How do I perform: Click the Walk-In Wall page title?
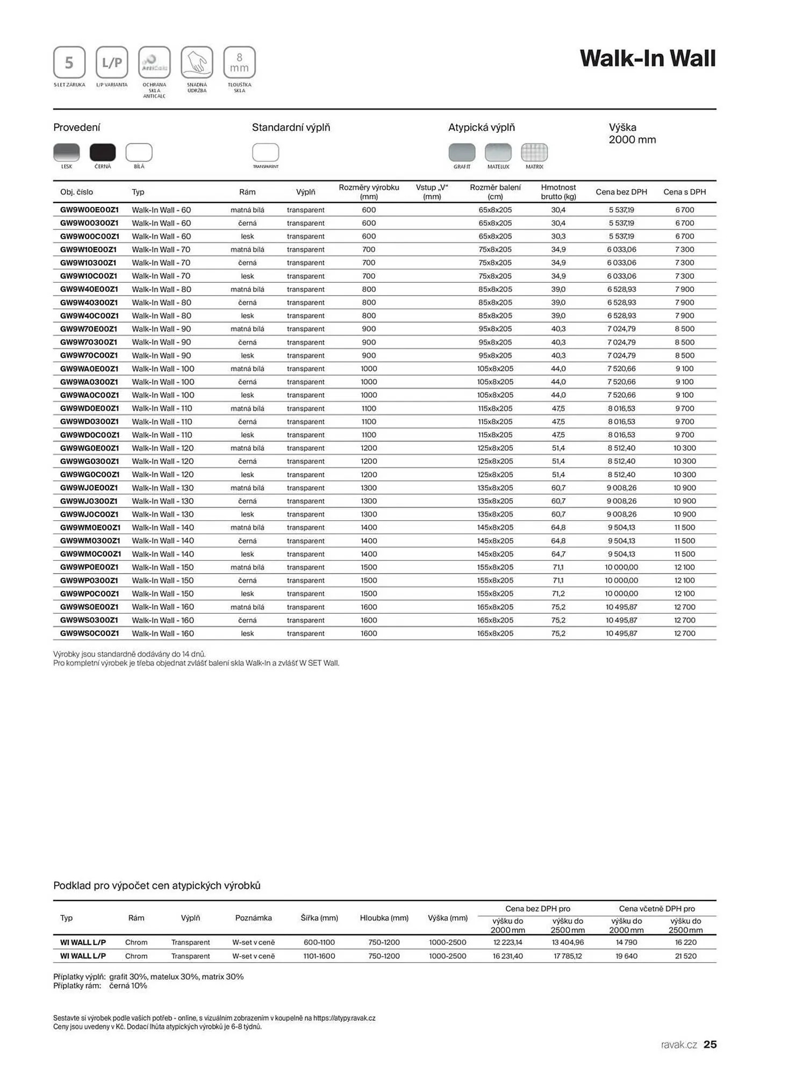[x=648, y=59]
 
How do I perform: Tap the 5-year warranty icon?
[x=69, y=62]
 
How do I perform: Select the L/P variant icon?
[x=112, y=62]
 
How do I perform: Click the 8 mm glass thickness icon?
[x=239, y=62]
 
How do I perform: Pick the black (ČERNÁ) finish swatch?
[x=103, y=153]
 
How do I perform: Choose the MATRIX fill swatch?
[x=534, y=153]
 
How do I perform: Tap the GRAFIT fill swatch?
[x=462, y=153]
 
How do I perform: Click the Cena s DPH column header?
[x=684, y=192]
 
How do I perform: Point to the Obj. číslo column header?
[x=76, y=192]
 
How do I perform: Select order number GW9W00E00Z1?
[x=89, y=210]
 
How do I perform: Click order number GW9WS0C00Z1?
[x=89, y=634]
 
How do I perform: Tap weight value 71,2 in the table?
[x=558, y=594]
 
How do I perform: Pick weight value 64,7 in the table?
[x=558, y=554]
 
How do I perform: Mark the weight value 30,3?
[x=558, y=236]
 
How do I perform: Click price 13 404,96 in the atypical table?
[x=568, y=942]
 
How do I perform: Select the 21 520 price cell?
[x=685, y=956]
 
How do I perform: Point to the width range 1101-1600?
[x=319, y=956]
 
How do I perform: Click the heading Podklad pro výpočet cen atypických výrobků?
[x=157, y=885]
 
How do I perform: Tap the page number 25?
[x=710, y=1044]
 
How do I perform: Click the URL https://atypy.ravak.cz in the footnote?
[x=344, y=1018]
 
